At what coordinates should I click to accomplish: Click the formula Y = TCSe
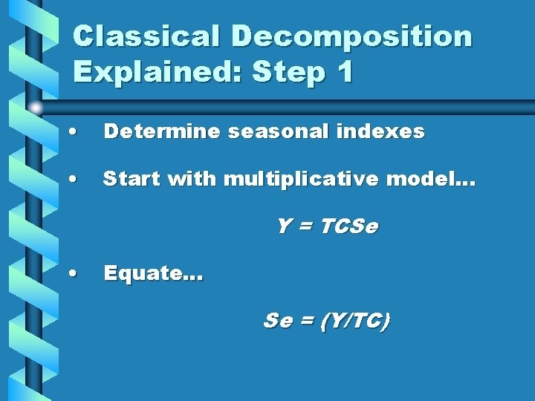pos(327,226)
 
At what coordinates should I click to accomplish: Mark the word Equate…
pos(153,273)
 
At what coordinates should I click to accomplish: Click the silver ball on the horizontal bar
pos(36,108)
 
